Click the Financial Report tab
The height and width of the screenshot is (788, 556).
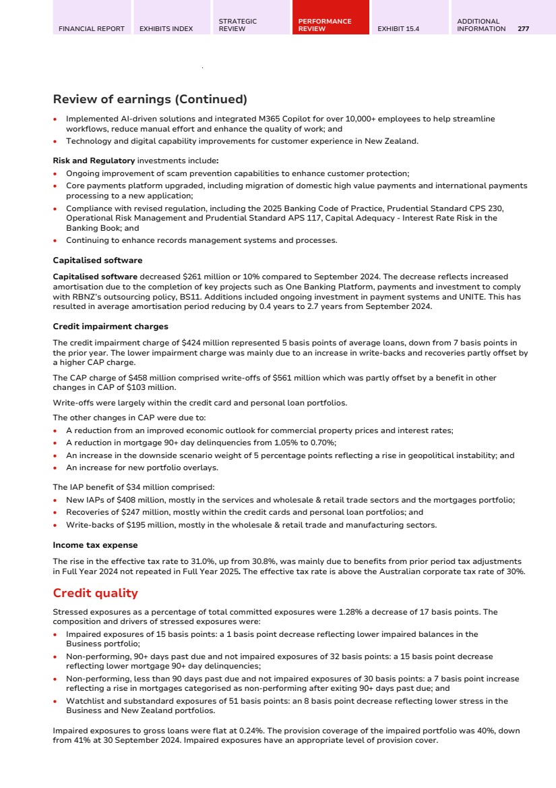coord(92,29)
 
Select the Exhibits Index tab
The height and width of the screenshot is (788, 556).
coord(166,29)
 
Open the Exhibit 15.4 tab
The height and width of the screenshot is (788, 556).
coord(398,29)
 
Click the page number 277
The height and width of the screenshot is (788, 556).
coord(523,29)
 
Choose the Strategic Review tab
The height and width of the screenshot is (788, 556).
coord(237,25)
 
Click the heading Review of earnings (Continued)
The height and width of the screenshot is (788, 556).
coord(150,100)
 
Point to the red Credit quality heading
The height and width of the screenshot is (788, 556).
coord(95,593)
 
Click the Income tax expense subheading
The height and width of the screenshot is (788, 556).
coord(95,545)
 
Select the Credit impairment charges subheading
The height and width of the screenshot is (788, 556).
coord(111,327)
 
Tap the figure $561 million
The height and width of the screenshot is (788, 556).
coord(240,378)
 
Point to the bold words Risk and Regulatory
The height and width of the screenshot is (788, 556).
coord(94,161)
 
